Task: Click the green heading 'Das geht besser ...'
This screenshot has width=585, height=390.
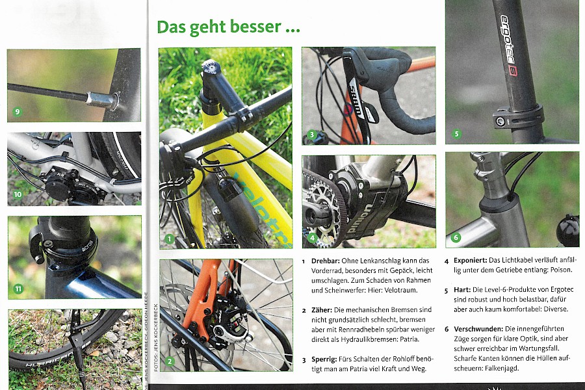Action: pyautogui.click(x=228, y=27)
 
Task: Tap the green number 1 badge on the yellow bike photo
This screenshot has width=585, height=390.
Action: pyautogui.click(x=169, y=239)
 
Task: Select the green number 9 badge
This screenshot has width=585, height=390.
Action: pyautogui.click(x=17, y=111)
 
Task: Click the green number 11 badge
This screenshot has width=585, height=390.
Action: pyautogui.click(x=18, y=288)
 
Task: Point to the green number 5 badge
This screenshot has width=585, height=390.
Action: pyautogui.click(x=456, y=134)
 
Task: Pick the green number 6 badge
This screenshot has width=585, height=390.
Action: pyautogui.click(x=456, y=237)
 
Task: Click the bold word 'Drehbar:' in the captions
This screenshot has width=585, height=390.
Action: pyautogui.click(x=326, y=261)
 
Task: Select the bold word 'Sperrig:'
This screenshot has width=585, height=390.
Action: pyautogui.click(x=324, y=359)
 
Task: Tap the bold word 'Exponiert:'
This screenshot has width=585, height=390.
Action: pyautogui.click(x=470, y=260)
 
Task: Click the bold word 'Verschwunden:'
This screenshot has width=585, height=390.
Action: pyautogui.click(x=478, y=329)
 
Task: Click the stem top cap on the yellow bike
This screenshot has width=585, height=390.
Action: pyautogui.click(x=211, y=68)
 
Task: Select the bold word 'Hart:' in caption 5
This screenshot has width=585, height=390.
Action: pyautogui.click(x=462, y=290)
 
